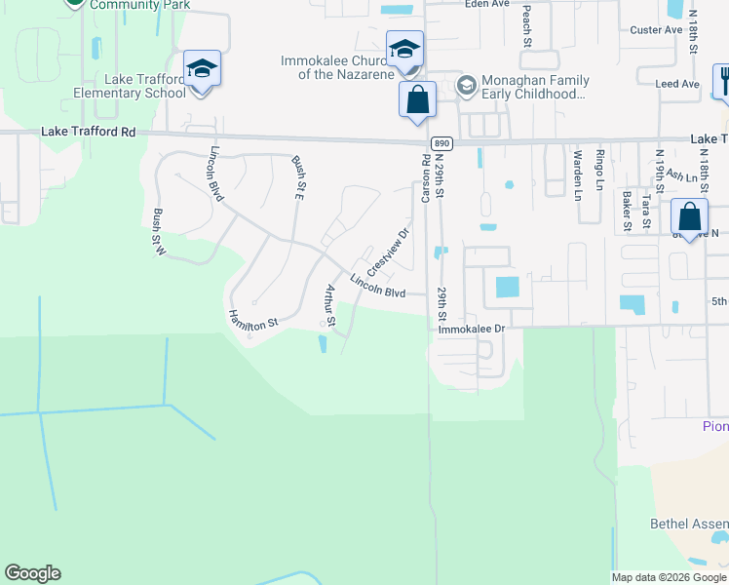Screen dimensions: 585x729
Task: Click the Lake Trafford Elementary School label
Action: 130,87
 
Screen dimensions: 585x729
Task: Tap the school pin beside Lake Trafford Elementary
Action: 202,69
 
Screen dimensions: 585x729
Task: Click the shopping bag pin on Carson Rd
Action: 417,100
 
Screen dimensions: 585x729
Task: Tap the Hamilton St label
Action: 253,319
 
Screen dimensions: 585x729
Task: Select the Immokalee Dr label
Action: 472,330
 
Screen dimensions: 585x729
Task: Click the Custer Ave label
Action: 656,30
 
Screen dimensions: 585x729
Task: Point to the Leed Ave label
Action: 677,85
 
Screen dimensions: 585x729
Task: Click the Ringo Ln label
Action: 600,168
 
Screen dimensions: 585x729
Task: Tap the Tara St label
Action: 646,213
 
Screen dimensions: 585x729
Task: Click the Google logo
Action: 32,573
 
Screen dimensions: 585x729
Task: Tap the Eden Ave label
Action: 487,4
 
